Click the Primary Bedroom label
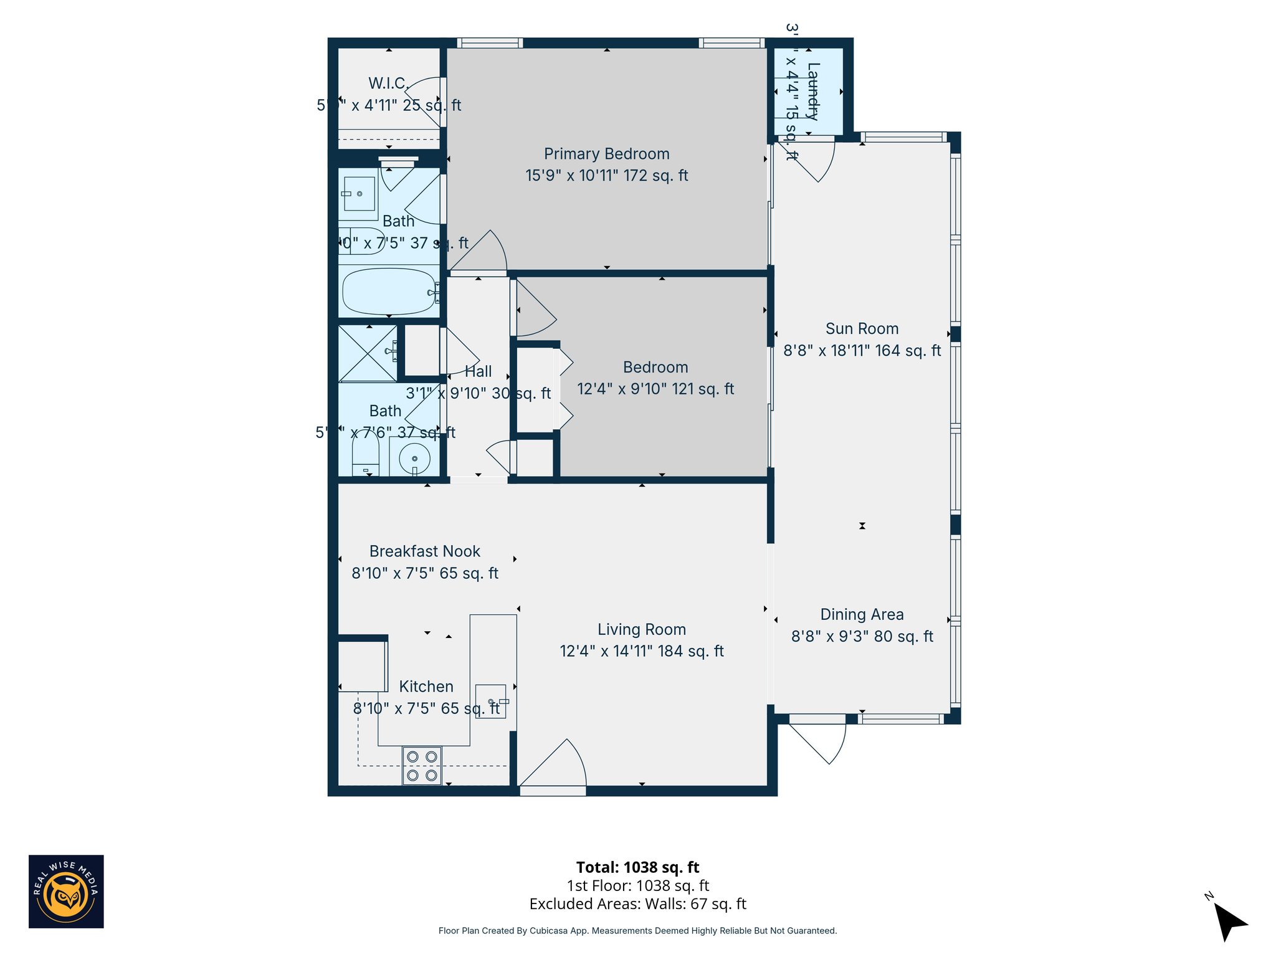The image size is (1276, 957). tap(606, 154)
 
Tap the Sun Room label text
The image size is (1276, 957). tap(862, 329)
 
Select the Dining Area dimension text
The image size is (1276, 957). tap(862, 636)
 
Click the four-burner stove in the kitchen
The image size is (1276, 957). tap(422, 766)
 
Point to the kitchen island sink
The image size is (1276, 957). tap(491, 702)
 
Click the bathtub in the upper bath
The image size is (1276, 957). tap(389, 292)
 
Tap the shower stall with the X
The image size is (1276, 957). tap(368, 353)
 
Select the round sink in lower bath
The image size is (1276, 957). tap(414, 459)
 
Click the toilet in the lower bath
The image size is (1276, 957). tap(365, 454)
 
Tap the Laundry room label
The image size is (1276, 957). tap(812, 91)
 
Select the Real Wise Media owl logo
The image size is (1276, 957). tap(66, 892)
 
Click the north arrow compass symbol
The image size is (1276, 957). tap(1229, 921)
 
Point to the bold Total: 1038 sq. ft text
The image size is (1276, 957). tap(637, 867)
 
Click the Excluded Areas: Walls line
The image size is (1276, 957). tap(637, 904)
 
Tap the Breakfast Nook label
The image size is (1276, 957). tap(424, 551)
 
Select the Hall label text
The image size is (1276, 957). tap(478, 371)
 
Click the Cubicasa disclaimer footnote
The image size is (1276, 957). tap(637, 931)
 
